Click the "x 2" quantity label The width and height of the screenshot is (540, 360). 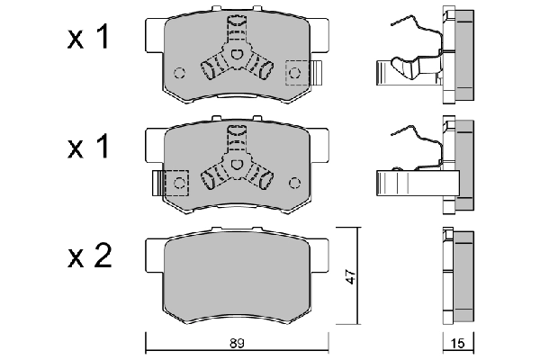click(x=90, y=259)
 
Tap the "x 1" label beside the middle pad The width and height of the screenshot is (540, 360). click(x=90, y=148)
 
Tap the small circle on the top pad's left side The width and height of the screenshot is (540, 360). click(x=178, y=74)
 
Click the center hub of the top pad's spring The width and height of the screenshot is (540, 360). click(x=237, y=56)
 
